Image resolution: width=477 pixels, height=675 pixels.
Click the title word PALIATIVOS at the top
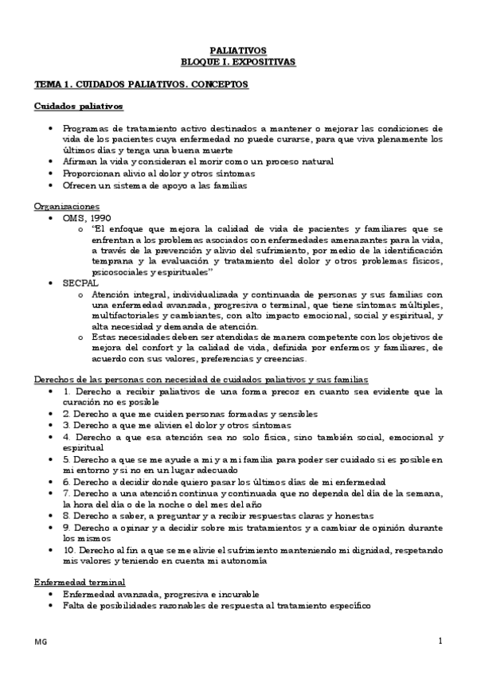pos(237,49)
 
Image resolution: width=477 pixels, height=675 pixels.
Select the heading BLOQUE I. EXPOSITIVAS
pos(237,60)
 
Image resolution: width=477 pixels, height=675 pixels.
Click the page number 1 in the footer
pos(440,642)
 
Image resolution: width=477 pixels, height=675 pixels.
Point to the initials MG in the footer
pos(40,642)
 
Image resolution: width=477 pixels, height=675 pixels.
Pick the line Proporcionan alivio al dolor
pos(158,173)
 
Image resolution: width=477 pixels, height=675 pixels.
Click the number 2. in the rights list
pos(67,414)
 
